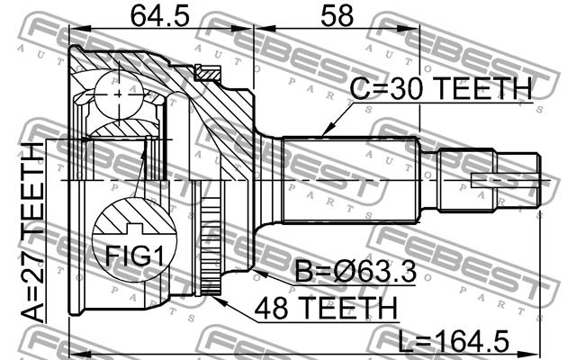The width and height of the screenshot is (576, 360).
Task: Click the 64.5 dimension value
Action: (160, 16)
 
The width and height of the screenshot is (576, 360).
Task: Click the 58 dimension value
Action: (337, 16)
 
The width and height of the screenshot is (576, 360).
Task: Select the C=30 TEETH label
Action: (441, 88)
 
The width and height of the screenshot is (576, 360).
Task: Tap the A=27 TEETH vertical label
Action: (32, 232)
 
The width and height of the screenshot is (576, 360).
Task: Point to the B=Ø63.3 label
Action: (355, 271)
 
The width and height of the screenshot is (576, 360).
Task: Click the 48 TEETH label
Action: (326, 308)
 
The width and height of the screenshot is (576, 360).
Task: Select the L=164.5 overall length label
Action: (454, 342)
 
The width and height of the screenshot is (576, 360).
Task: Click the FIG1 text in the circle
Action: (134, 256)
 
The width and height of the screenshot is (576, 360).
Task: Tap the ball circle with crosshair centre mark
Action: (119, 94)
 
